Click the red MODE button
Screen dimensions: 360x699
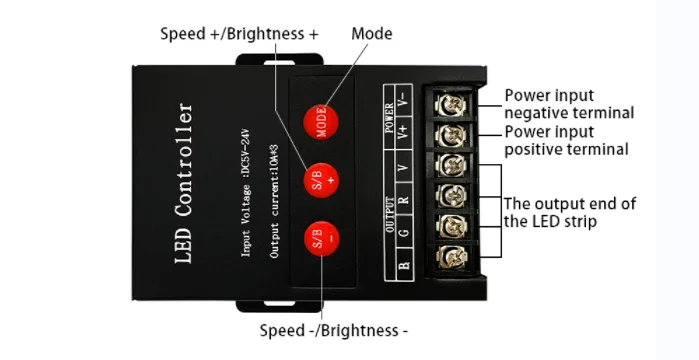(323, 121)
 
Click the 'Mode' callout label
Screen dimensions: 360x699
(372, 34)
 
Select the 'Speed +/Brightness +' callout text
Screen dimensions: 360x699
(239, 34)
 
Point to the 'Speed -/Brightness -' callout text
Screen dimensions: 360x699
(334, 330)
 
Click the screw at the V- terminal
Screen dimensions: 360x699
(446, 102)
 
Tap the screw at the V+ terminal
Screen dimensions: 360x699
(446, 135)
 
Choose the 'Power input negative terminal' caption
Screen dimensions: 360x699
(568, 104)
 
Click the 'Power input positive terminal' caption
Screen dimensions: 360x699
(566, 140)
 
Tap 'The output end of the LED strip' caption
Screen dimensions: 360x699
(568, 212)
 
